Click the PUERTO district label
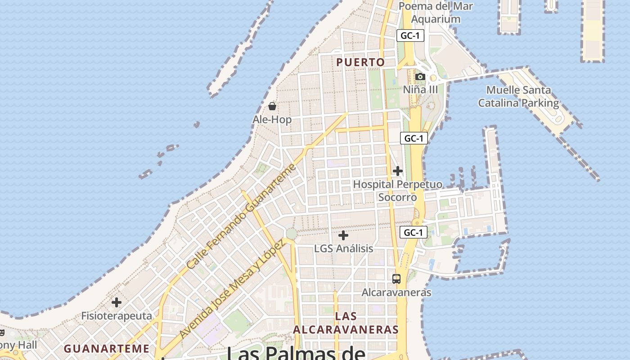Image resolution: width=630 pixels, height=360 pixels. (x=361, y=63)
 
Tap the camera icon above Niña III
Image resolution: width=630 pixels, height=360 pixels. (x=420, y=77)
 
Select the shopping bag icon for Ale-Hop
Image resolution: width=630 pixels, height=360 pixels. (x=272, y=107)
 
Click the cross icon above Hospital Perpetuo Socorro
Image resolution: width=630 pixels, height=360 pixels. (x=398, y=171)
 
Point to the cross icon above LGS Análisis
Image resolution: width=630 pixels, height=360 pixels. (x=343, y=235)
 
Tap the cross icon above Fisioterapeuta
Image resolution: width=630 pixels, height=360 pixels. (x=117, y=302)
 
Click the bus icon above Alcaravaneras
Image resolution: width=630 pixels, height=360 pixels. (x=396, y=279)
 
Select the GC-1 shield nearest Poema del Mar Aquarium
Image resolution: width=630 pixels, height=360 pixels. (x=410, y=36)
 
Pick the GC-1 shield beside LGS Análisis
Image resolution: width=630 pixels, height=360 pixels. (x=414, y=232)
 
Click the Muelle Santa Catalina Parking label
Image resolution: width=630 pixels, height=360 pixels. (x=518, y=96)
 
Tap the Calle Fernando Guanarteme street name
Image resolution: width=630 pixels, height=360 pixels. (x=242, y=216)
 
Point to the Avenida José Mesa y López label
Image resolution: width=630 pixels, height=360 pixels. (x=232, y=289)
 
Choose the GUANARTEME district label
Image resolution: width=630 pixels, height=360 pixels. (x=107, y=349)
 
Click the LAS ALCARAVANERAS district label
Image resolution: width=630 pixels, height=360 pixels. (x=346, y=323)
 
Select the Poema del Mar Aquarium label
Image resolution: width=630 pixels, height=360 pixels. (x=436, y=13)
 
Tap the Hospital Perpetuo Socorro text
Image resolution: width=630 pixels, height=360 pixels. (x=398, y=191)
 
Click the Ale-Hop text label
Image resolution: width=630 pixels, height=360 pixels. (x=272, y=120)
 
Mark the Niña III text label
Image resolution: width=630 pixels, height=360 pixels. (x=420, y=90)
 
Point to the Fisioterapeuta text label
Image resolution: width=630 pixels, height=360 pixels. (x=117, y=315)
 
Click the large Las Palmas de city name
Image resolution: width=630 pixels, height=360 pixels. (x=296, y=353)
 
